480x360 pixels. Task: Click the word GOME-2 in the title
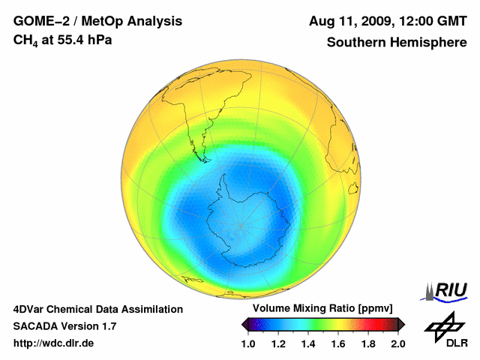(x=40, y=21)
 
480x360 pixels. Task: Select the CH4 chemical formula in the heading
(x=27, y=40)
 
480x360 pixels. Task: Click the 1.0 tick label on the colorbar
(x=248, y=343)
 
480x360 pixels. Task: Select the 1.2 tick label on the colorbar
(x=278, y=343)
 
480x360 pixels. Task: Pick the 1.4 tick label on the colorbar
(x=308, y=343)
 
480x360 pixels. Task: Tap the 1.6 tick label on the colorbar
(x=338, y=343)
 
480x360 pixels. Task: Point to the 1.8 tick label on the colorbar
(x=367, y=343)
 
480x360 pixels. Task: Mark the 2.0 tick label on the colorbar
(x=397, y=343)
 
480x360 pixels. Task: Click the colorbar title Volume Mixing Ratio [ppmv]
(x=319, y=309)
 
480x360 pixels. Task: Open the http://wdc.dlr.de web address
(x=54, y=343)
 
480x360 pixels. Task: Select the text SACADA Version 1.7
(x=64, y=326)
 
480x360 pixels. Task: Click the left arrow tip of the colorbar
(x=244, y=324)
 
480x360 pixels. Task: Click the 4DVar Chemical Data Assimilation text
(x=97, y=309)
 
